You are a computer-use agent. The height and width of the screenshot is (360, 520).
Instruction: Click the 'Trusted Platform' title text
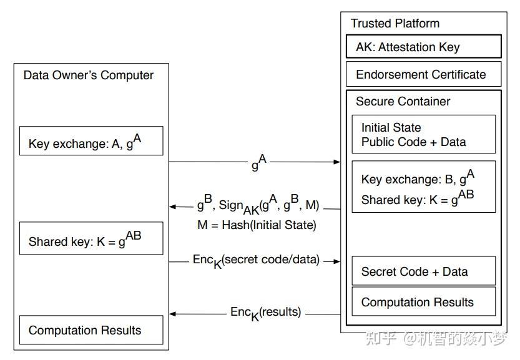pos(395,24)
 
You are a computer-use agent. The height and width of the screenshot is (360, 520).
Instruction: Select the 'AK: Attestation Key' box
pos(424,47)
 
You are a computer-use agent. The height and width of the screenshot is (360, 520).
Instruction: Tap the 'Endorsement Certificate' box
pos(424,74)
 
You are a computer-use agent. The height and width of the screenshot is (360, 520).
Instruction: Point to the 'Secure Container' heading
pos(403,101)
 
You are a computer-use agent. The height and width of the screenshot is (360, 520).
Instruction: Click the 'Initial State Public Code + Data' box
pos(423,134)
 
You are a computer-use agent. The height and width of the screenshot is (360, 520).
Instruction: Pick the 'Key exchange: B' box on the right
pos(423,187)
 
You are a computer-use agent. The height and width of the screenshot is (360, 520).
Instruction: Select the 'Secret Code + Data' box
pos(423,271)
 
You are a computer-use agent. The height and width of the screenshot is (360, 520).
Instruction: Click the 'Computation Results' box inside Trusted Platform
pos(423,303)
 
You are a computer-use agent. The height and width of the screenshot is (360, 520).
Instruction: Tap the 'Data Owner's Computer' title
pos(88,75)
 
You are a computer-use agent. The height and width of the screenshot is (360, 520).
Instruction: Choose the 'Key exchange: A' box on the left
pos(91,141)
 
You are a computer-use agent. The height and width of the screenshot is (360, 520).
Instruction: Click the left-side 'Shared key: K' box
pos(91,238)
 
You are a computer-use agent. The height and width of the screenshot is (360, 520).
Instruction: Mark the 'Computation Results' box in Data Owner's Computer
pos(91,331)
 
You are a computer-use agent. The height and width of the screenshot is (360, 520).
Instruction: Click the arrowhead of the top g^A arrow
pos(337,162)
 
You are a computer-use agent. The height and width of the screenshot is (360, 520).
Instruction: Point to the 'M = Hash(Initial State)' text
pos(257,225)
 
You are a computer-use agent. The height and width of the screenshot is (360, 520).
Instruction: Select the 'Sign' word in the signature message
pos(230,205)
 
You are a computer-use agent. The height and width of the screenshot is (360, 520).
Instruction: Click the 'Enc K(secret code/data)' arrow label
pos(256,261)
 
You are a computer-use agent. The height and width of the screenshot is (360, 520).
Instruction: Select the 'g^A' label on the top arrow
pos(258,163)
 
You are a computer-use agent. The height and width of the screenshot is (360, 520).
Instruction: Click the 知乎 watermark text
pos(380,338)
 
